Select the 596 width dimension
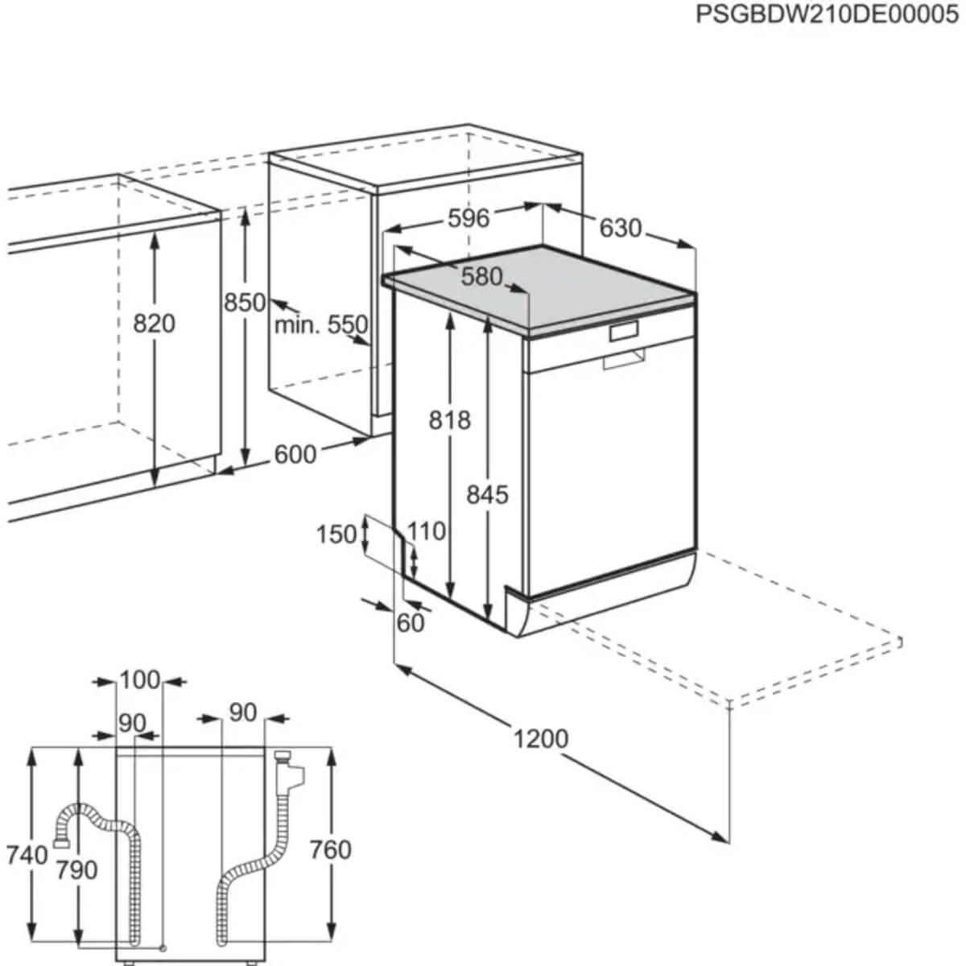tap(469, 217)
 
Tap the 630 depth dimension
tap(621, 228)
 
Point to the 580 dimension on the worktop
tap(481, 277)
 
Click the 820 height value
tap(154, 324)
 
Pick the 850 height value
tap(245, 302)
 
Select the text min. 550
tap(321, 325)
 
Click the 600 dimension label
tap(295, 454)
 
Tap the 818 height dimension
tap(449, 419)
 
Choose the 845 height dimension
tap(488, 493)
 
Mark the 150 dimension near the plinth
tap(336, 534)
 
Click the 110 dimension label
tap(427, 530)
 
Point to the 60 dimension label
tap(411, 622)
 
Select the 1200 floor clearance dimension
tap(541, 737)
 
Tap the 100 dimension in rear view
tap(140, 680)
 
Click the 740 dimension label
tap(27, 855)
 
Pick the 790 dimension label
tap(77, 869)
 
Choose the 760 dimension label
tap(331, 850)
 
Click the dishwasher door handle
tap(624, 359)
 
